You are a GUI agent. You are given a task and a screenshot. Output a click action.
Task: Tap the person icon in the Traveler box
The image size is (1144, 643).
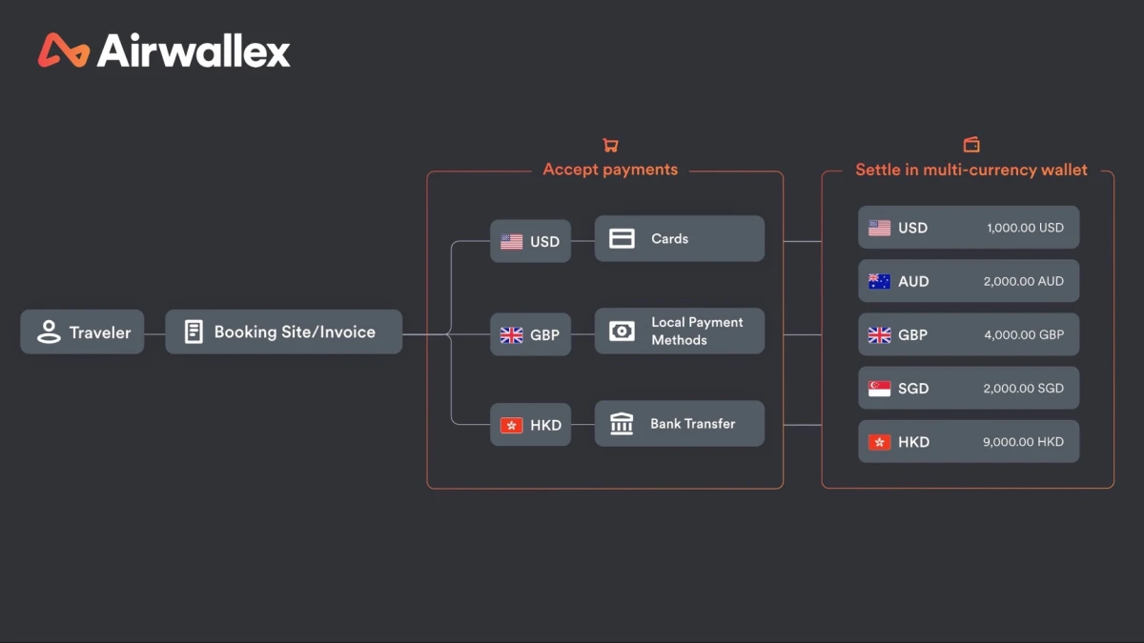pyautogui.click(x=49, y=332)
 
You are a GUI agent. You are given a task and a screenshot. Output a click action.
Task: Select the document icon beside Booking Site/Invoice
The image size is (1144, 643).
pyautogui.click(x=194, y=332)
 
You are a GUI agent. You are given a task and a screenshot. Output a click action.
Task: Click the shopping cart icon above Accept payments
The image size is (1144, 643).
pyautogui.click(x=610, y=146)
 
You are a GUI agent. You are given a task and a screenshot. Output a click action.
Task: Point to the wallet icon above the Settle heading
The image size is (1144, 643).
pyautogui.click(x=971, y=145)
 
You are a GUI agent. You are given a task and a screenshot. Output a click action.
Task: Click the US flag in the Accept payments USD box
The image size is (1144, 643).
pyautogui.click(x=511, y=241)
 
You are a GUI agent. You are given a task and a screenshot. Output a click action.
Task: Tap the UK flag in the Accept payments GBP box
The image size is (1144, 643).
pyautogui.click(x=511, y=335)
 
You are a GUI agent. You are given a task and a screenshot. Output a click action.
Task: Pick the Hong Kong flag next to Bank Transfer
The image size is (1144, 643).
pyautogui.click(x=511, y=425)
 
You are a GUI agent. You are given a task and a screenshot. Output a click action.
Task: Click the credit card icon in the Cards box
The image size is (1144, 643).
pyautogui.click(x=622, y=238)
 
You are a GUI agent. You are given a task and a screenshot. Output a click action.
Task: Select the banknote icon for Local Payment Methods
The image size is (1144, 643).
pyautogui.click(x=622, y=332)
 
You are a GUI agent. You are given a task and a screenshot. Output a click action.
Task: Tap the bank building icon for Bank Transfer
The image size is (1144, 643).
pyautogui.click(x=622, y=424)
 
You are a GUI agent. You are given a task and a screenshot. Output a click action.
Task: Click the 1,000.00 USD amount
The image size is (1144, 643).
pyautogui.click(x=1025, y=228)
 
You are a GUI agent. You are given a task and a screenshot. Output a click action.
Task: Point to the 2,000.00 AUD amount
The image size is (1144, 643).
pyautogui.click(x=1024, y=281)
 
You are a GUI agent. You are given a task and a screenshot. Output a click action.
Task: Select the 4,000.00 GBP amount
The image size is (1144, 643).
pyautogui.click(x=1024, y=334)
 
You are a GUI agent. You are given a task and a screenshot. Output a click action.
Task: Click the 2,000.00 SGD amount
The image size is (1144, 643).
pyautogui.click(x=1024, y=389)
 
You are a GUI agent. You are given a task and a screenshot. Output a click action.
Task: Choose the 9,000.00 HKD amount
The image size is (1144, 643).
pyautogui.click(x=1024, y=442)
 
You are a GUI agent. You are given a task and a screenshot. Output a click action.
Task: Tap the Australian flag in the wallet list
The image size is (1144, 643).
pyautogui.click(x=879, y=281)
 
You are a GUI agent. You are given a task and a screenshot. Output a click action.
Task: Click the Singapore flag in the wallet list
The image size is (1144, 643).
pyautogui.click(x=879, y=389)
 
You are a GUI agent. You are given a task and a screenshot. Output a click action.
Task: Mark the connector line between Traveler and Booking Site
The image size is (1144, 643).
pyautogui.click(x=154, y=334)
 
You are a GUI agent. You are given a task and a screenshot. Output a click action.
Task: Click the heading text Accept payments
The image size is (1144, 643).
pyautogui.click(x=610, y=170)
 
